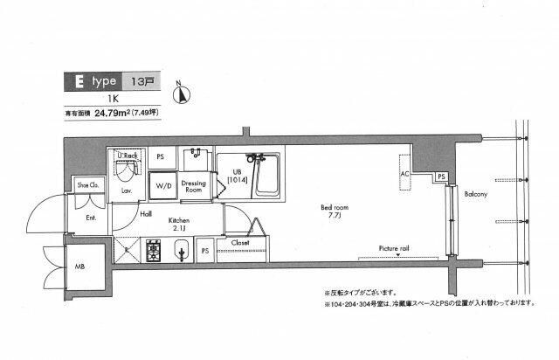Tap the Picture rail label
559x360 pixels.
coord(394,248)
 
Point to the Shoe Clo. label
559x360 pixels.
coord(88,185)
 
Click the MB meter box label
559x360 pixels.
coord(79,266)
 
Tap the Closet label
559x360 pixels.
coord(241,242)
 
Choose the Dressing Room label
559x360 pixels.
coord(193,186)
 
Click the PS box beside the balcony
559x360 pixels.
coord(442,177)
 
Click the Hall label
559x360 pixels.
coord(147,213)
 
